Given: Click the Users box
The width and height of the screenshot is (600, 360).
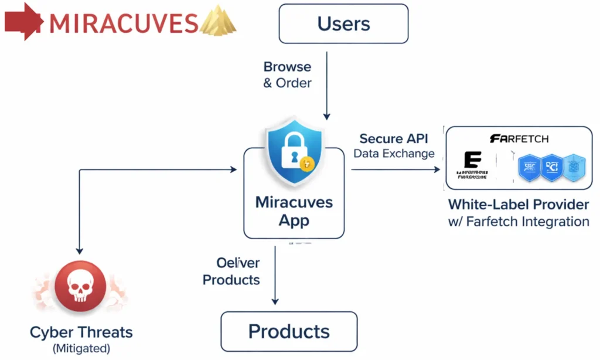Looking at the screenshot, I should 343,24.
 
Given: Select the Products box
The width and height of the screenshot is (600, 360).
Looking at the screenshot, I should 289,331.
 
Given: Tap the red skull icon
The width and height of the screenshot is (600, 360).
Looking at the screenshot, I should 80,287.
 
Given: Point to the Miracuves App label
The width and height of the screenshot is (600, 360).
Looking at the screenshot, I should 294,212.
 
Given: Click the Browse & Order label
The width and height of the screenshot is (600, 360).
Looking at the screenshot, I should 287,74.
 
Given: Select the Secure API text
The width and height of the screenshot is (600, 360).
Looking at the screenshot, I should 394,139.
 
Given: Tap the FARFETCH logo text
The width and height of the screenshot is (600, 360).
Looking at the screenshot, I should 519,139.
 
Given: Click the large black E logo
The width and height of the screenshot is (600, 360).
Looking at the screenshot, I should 472,161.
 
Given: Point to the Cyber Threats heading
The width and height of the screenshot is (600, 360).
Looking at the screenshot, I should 81,332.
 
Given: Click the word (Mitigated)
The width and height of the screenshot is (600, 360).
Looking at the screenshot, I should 81,348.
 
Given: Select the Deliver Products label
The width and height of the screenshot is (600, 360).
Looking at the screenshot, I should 231,271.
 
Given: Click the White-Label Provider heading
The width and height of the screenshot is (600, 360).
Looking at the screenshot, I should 519,205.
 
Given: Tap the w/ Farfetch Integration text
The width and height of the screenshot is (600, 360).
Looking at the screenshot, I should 519,222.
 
